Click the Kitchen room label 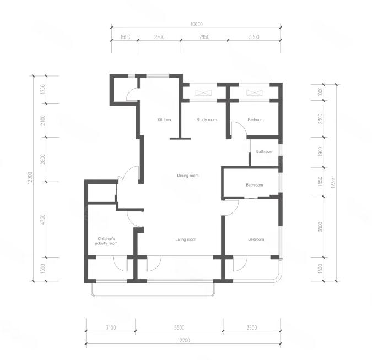point(164,119)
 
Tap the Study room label point(207,119)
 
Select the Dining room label point(188,176)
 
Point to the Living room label point(186,239)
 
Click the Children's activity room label point(106,241)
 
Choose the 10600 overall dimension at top point(196,24)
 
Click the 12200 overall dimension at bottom point(184,340)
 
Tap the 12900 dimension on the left point(30,178)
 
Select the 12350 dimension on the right point(333,182)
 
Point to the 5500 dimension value point(179,328)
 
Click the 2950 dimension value point(204,37)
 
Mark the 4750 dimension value point(42,220)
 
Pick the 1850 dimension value point(320,181)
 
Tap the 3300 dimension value point(254,37)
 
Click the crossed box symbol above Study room point(203,92)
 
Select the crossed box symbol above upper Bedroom point(254,92)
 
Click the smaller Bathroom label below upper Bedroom point(265,151)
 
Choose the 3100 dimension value point(111,328)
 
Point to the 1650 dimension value point(125,37)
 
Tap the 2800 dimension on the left point(42,159)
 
